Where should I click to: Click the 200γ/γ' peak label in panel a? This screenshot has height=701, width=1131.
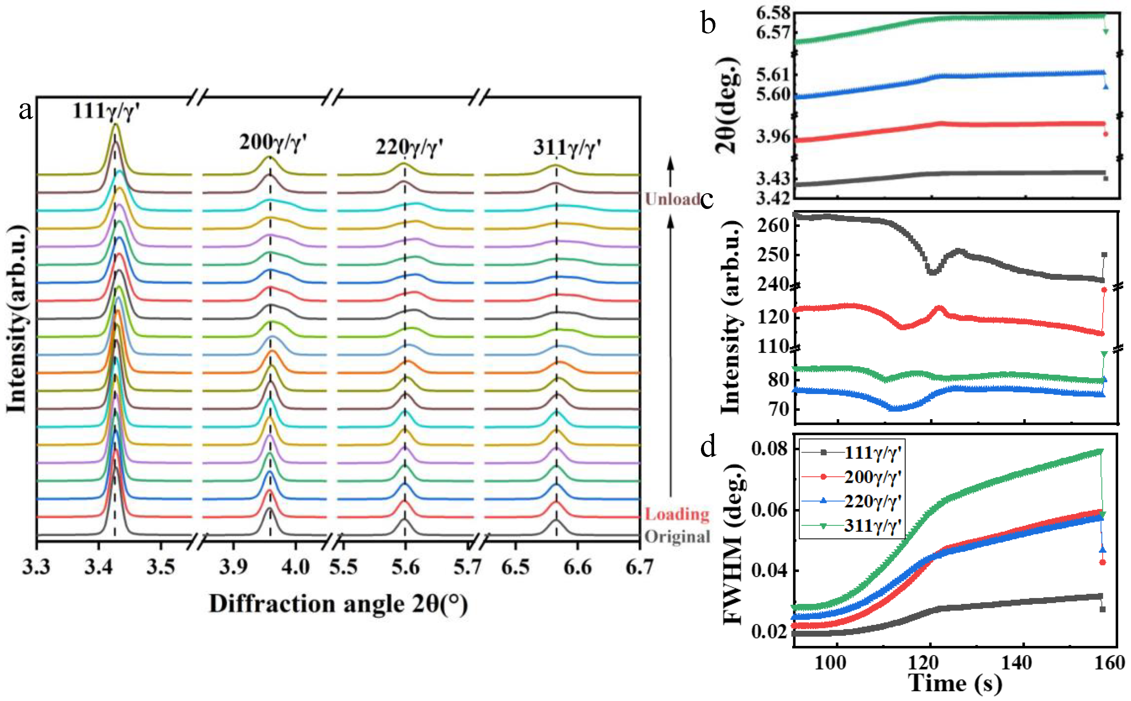click(x=273, y=142)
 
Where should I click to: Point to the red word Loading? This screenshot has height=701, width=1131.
click(x=677, y=514)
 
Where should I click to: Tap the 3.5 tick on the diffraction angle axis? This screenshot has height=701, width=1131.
click(x=160, y=567)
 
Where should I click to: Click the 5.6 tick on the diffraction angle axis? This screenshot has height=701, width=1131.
click(x=405, y=567)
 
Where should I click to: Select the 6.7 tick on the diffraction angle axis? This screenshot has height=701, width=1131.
click(x=639, y=567)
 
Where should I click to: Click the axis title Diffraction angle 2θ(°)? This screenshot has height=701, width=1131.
click(x=339, y=604)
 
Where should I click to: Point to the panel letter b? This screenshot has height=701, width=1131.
click(x=708, y=23)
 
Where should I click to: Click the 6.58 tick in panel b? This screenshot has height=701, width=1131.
click(x=773, y=13)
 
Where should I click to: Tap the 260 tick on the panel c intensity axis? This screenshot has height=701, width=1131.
click(x=773, y=225)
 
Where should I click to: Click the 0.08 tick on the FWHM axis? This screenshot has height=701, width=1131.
click(x=769, y=449)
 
